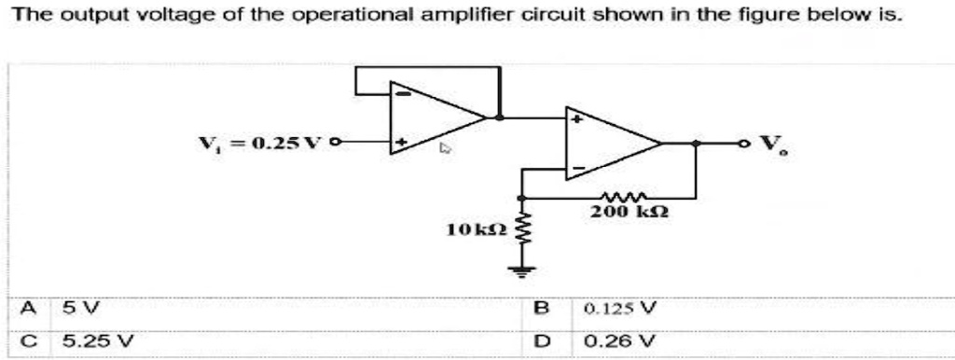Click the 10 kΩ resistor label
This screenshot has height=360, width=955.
[x=476, y=228]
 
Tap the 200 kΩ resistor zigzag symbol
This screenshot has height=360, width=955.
[x=619, y=197]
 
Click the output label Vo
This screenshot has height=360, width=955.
[x=770, y=145]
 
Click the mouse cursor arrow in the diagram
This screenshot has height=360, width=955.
[x=446, y=147]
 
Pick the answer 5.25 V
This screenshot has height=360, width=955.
[x=85, y=340]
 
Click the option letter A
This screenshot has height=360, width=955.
[x=32, y=307]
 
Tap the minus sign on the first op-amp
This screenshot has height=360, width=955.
[x=401, y=92]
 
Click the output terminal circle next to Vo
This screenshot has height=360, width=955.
[x=743, y=144]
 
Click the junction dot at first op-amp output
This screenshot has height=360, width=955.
[x=501, y=118]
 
